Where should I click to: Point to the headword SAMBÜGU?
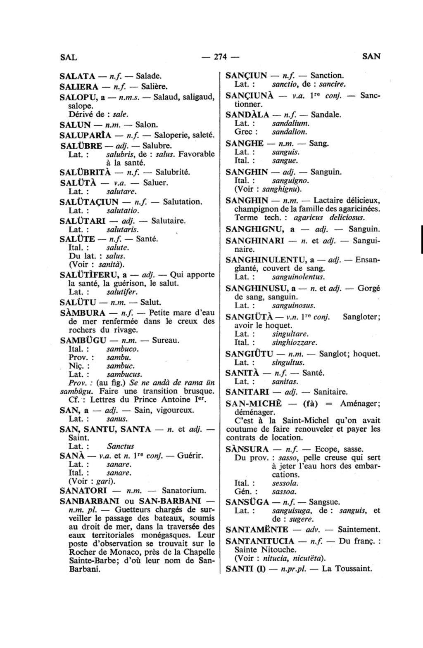click(83, 341)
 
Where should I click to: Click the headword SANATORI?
click(83, 491)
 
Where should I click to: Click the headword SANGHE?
click(245, 144)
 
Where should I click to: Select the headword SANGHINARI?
click(255, 240)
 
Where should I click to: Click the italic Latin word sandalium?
click(291, 123)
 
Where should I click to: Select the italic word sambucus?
click(124, 374)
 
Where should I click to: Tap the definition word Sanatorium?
click(184, 491)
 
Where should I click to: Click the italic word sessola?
click(285, 483)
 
